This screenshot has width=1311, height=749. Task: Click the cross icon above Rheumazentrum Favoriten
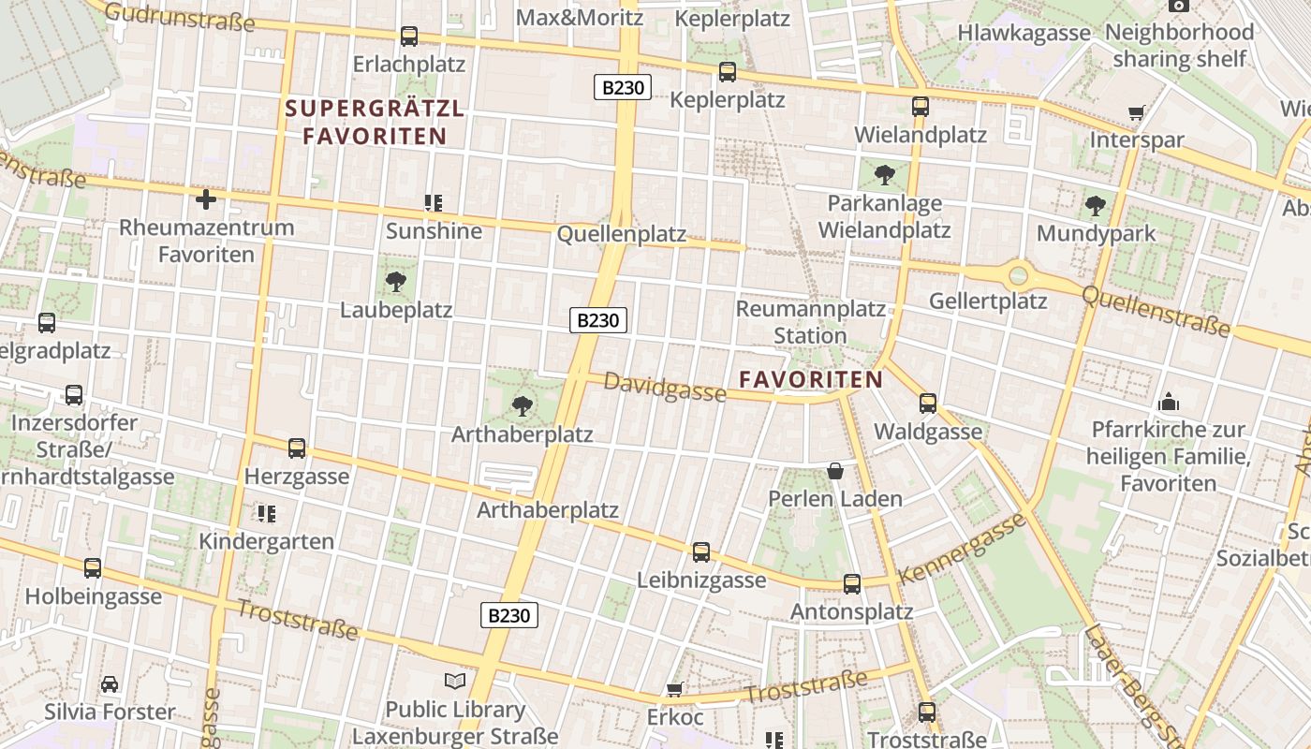206,198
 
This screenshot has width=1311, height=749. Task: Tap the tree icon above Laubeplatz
396,281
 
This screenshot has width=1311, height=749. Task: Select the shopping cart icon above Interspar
1136,113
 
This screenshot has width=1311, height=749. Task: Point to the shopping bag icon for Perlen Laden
835,470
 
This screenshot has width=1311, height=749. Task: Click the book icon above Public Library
455,681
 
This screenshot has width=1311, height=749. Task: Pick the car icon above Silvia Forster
110,683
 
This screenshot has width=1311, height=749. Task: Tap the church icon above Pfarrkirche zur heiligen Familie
1169,402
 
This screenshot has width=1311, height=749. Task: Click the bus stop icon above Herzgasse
297,448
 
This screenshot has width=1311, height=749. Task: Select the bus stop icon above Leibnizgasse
701,551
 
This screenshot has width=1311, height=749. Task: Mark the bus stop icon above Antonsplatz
852,583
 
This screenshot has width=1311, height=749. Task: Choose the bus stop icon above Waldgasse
928,403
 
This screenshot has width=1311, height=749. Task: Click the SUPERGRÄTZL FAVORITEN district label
375,122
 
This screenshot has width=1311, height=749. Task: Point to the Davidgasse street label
664,387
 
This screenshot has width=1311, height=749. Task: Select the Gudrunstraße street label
179,16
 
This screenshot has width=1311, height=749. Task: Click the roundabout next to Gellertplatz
1019,275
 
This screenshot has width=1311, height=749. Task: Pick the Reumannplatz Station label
811,321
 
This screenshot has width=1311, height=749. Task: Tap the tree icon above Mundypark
1096,205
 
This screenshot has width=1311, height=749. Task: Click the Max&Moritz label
580,17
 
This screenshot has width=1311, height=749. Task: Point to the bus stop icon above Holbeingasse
93,567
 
